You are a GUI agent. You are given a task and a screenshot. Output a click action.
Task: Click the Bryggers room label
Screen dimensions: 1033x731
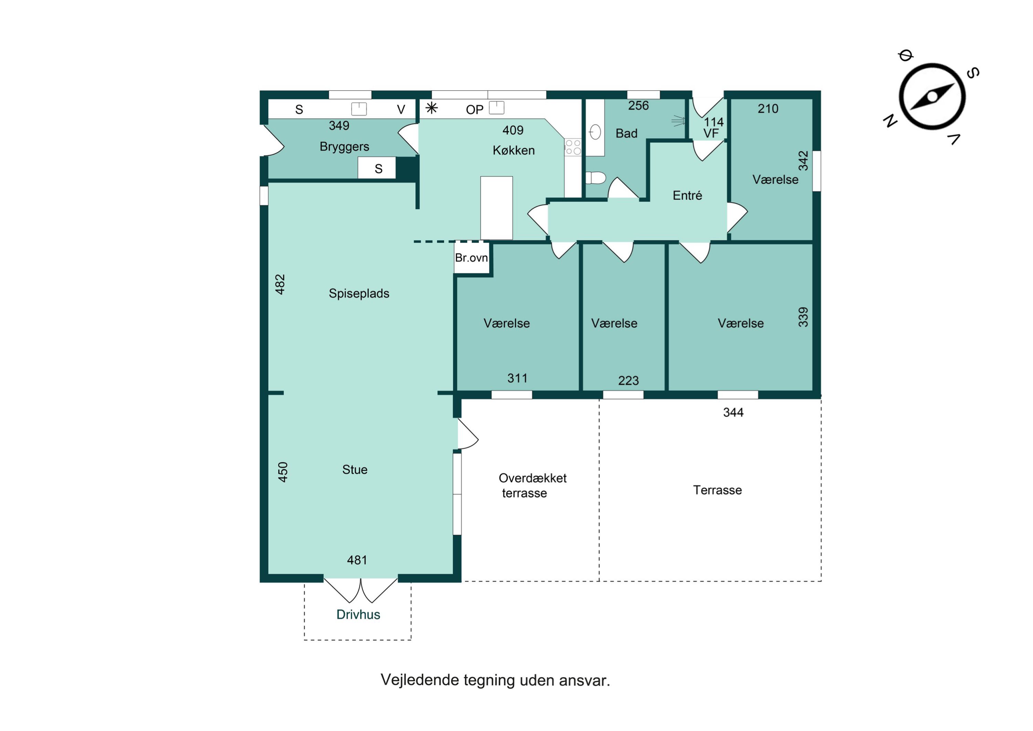(344, 147)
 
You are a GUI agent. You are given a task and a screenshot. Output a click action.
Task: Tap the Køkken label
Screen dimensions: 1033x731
(513, 150)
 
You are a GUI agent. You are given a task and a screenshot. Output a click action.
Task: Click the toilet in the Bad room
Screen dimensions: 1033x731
(596, 178)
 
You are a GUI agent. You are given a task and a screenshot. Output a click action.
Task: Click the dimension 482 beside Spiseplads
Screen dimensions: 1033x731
(280, 284)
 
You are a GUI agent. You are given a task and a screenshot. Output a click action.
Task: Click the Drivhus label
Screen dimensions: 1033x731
(358, 615)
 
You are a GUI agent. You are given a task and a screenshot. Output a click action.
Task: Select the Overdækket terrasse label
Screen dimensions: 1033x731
(532, 486)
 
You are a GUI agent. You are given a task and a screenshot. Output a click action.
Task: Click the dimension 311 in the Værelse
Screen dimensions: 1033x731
(518, 378)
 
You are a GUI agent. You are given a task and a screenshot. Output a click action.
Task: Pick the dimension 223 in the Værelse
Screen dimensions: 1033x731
(628, 380)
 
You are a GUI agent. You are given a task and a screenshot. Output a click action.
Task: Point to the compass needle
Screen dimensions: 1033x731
(932, 97)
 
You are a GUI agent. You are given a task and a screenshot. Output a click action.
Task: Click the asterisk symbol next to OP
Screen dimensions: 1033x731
(431, 108)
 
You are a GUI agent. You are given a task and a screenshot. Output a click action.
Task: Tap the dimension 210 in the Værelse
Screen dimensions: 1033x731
(768, 109)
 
